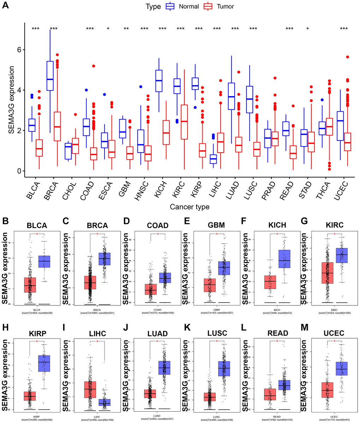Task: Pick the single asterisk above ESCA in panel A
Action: [x=108, y=29]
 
